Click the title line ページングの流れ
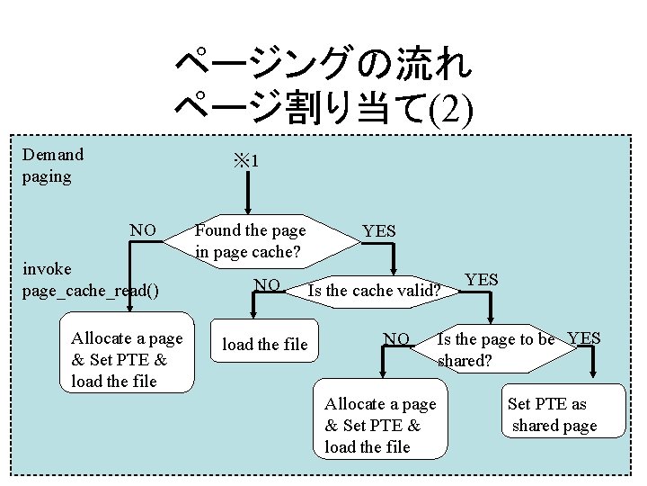point(323,65)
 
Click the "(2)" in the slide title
point(447,111)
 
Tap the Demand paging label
point(53,166)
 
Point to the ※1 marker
point(246,162)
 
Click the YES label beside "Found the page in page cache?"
point(378,231)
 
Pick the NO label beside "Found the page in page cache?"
point(144,230)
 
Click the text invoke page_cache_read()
point(91,280)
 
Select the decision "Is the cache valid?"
point(374,291)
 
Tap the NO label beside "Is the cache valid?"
point(267,285)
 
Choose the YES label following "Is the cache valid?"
point(482,279)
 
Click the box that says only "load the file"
point(264,345)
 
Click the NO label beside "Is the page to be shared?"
point(396,339)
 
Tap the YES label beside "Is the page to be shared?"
point(584,338)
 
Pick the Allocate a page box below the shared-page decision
point(379,425)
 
